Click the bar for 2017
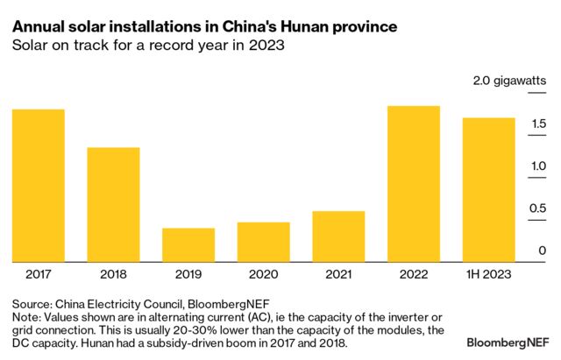(x=38, y=185)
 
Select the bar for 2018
(x=113, y=204)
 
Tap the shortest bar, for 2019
(x=188, y=244)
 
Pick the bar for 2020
(x=263, y=242)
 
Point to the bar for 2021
(x=338, y=236)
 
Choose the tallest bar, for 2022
(x=413, y=183)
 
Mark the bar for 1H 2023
(x=488, y=189)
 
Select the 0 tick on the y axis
(x=544, y=251)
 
